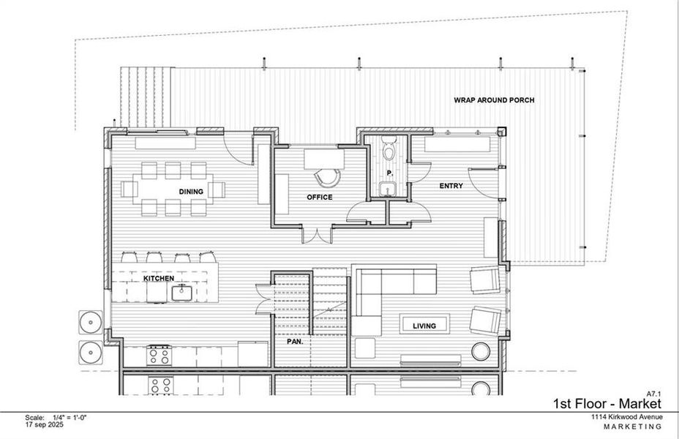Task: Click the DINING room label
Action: coord(190,192)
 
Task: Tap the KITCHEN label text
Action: coord(158,279)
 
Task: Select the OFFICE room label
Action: coord(319,198)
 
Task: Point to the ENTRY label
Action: coord(451,186)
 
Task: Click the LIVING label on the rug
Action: coord(424,326)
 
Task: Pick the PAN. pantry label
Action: coord(294,342)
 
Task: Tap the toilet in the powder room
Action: coord(389,149)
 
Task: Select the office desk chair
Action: coord(326,177)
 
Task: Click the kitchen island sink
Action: coord(181,293)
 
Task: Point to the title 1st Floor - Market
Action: coord(607,404)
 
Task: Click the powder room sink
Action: coord(388,190)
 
